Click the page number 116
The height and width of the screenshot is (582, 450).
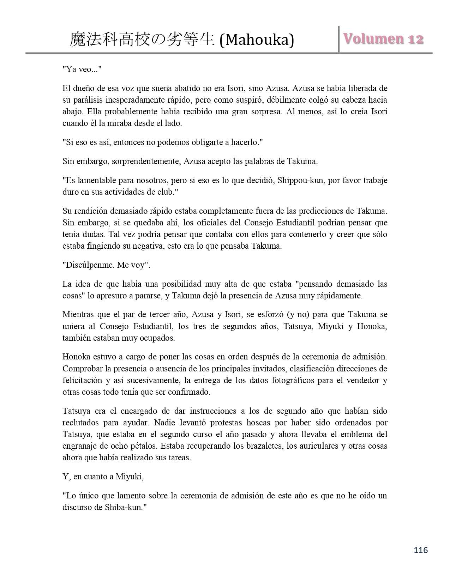click(421, 550)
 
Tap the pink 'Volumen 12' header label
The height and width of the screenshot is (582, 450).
click(384, 39)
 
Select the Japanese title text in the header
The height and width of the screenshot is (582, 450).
click(142, 40)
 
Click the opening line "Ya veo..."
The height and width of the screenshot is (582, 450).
click(82, 69)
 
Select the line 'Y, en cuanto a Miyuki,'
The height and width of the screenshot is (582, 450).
click(103, 477)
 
